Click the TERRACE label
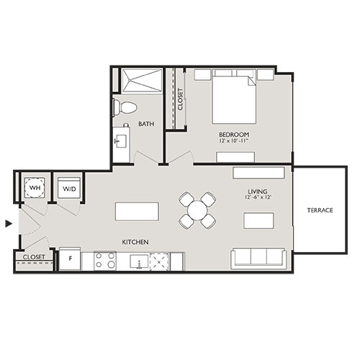[320, 210]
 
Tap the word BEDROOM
[235, 135]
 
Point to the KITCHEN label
[135, 242]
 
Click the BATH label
[146, 124]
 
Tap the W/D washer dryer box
[69, 189]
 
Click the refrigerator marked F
[70, 258]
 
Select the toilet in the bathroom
[127, 107]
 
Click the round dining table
[197, 210]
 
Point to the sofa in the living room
[258, 257]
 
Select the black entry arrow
[9, 224]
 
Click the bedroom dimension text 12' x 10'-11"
[235, 142]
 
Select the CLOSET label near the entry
[34, 256]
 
